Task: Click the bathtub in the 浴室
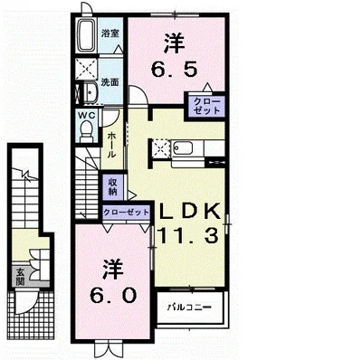(x=88, y=36)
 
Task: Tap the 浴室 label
(x=110, y=33)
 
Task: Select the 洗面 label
(x=110, y=82)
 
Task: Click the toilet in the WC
(x=87, y=131)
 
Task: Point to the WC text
(x=87, y=115)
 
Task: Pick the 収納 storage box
(x=112, y=186)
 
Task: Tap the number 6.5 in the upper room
(x=174, y=71)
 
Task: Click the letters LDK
(x=189, y=212)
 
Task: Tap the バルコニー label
(x=189, y=308)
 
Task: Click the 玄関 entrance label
(x=20, y=277)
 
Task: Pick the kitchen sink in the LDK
(x=183, y=147)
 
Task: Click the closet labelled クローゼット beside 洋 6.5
(x=206, y=106)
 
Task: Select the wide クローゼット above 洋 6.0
(x=126, y=213)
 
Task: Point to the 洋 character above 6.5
(x=174, y=44)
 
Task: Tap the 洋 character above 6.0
(x=113, y=269)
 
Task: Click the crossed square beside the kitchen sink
(x=160, y=147)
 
